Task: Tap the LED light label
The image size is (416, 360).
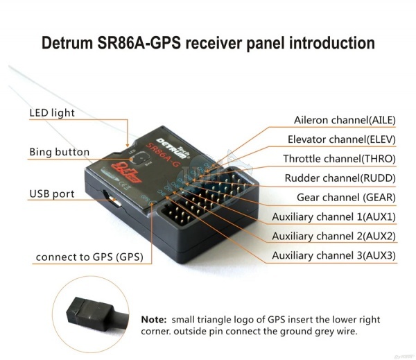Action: pyautogui.click(x=51, y=112)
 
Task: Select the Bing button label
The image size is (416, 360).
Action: pyautogui.click(x=59, y=152)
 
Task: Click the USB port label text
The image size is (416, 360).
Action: pyautogui.click(x=51, y=194)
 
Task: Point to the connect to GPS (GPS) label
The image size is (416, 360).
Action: pyautogui.click(x=89, y=257)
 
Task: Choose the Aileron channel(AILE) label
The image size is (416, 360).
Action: pyautogui.click(x=345, y=120)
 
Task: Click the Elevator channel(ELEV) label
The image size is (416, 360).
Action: pyautogui.click(x=341, y=139)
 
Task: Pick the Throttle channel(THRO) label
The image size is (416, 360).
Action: pyautogui.click(x=339, y=159)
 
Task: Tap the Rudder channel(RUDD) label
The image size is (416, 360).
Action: pyautogui.click(x=340, y=178)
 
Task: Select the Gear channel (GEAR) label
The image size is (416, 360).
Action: pyautogui.click(x=346, y=197)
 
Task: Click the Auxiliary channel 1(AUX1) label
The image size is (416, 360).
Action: pyautogui.click(x=333, y=216)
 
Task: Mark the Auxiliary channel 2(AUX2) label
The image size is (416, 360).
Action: pyautogui.click(x=333, y=236)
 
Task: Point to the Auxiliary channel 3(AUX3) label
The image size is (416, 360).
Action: pyautogui.click(x=333, y=255)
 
